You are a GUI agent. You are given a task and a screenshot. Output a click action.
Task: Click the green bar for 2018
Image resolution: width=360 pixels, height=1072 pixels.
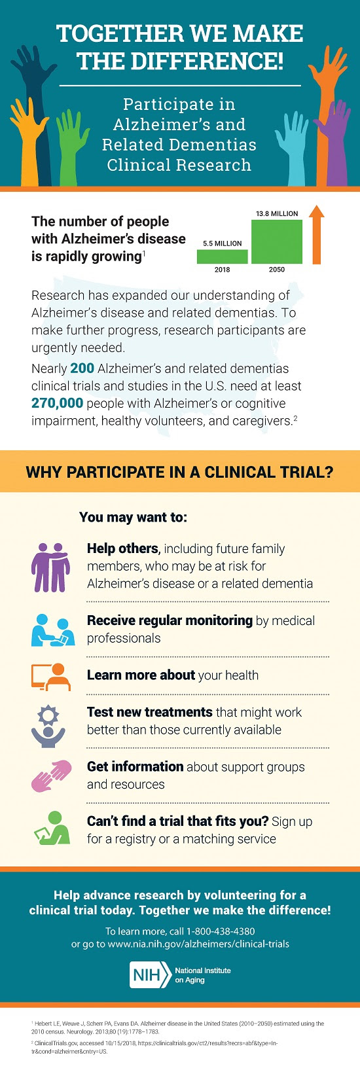point(222,257)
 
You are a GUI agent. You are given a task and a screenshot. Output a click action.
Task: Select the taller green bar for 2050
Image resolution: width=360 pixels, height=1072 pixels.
point(277,241)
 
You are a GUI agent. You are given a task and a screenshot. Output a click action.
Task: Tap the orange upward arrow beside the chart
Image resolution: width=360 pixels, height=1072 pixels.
point(316,234)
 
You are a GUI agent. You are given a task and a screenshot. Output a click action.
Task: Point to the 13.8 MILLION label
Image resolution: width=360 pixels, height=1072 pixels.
point(277,213)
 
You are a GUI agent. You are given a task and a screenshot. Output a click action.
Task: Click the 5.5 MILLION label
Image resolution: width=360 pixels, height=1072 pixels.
point(222,243)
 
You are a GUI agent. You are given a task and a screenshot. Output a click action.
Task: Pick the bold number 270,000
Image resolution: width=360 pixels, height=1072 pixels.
point(58,403)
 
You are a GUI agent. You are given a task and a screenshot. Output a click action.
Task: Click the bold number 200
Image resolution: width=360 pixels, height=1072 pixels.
point(82,368)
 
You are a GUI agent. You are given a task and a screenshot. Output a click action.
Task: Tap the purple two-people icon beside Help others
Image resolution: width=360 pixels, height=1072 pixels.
point(50,567)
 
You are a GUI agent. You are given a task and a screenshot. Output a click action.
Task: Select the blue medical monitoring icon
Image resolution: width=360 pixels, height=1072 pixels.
point(52,630)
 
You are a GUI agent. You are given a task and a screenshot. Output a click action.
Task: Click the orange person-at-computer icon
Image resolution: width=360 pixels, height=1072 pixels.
point(51,677)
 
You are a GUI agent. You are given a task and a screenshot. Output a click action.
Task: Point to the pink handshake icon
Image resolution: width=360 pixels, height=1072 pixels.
point(51,776)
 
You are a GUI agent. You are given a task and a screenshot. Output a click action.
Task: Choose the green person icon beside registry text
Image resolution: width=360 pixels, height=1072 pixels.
point(52,828)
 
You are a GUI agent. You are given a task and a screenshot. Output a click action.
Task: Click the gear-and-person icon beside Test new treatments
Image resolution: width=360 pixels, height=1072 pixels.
point(48,727)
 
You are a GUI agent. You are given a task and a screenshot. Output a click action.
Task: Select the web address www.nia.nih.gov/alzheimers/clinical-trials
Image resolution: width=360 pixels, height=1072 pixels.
point(198,944)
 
